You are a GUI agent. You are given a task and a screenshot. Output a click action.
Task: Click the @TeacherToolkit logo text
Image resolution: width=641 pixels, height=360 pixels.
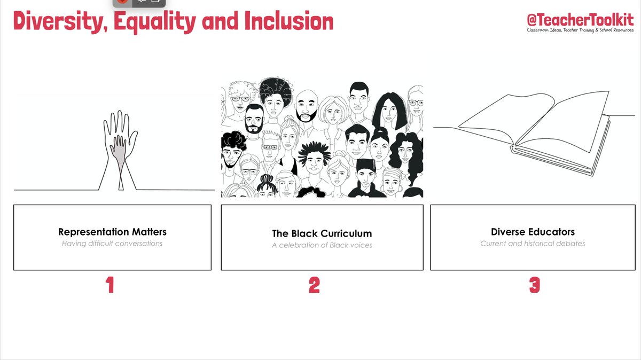point(580,20)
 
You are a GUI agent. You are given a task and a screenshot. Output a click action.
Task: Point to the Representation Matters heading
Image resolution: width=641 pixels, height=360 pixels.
point(112,232)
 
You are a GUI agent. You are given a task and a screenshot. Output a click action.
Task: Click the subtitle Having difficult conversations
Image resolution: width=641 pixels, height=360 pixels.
point(112,244)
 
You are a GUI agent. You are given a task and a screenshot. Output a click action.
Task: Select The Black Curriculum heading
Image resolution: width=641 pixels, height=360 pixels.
point(322,233)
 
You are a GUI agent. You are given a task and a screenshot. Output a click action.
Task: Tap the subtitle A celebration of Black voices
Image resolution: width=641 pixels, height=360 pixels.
point(322,245)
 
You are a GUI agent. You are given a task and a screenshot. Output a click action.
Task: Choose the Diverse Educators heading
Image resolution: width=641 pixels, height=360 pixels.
point(533,232)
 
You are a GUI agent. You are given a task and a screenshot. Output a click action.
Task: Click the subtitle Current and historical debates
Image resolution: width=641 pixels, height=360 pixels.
point(533,244)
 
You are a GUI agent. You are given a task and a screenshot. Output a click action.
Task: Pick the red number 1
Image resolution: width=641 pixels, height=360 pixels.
point(110,286)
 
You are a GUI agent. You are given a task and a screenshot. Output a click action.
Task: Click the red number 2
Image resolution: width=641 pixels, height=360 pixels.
point(314,286)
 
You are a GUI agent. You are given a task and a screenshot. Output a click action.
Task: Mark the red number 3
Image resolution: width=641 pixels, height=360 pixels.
point(534,286)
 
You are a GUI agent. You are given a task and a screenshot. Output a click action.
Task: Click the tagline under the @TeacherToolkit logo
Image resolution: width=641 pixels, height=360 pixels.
point(580,30)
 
